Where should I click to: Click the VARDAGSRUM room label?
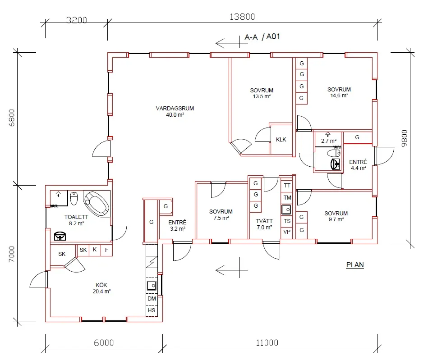[175, 109]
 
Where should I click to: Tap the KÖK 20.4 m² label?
[101, 288]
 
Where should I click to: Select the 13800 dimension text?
[242, 17]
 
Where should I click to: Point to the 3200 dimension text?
[76, 20]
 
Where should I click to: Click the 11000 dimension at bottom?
[267, 342]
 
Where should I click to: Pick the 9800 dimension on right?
[405, 138]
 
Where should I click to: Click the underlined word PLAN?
[355, 265]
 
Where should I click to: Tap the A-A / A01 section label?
[262, 37]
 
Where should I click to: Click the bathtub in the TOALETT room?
[97, 204]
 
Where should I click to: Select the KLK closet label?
[281, 139]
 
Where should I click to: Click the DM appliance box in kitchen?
[152, 298]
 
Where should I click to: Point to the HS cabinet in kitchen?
[152, 310]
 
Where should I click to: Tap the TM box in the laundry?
[287, 198]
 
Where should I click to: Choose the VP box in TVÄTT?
[287, 232]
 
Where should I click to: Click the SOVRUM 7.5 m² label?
[221, 214]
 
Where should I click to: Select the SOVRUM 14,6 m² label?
[339, 92]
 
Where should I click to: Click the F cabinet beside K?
[106, 250]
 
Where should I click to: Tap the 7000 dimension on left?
[11, 254]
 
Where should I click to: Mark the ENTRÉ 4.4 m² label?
[358, 165]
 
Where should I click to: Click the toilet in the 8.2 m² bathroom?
[74, 198]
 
